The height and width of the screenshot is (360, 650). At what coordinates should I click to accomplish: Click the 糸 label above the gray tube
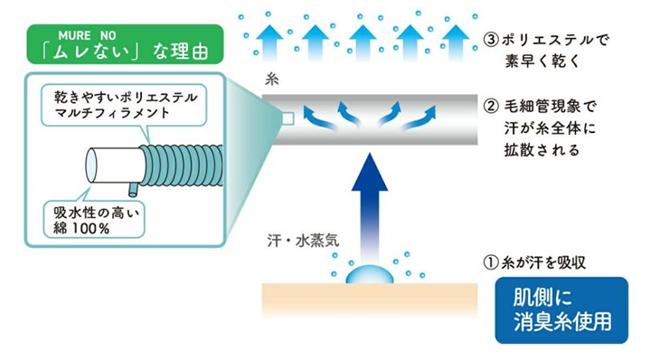coord(270,80)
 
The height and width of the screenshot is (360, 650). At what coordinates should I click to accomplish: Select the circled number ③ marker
coord(491,41)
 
